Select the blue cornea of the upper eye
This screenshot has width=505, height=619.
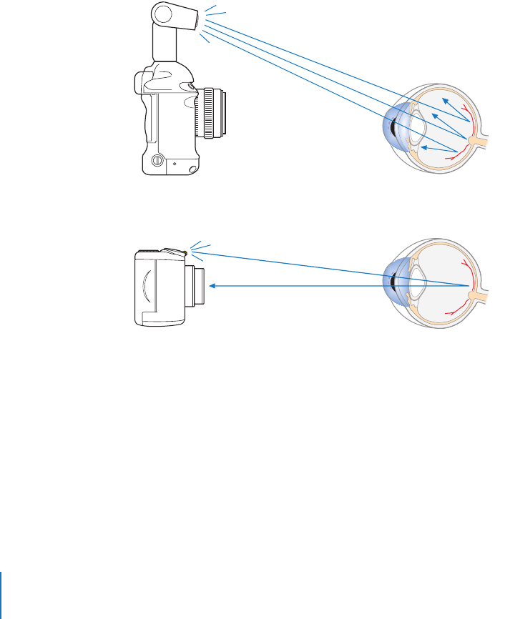click(391, 129)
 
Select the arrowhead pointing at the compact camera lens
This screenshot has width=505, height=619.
click(213, 286)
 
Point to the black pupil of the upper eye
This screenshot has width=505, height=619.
click(394, 129)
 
